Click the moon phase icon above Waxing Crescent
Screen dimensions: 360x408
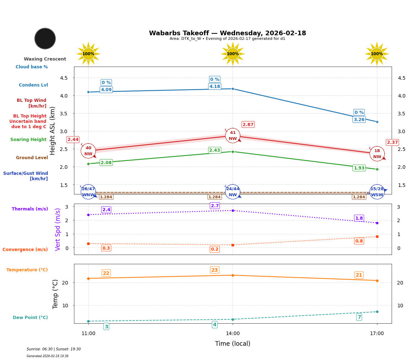(45, 38)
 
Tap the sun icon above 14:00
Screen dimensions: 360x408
(233, 54)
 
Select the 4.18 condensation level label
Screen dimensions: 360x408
(215, 87)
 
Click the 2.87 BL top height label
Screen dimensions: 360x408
(248, 125)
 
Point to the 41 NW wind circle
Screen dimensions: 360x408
(233, 136)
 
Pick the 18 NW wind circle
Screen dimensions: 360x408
(377, 154)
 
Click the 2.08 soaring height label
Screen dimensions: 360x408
(106, 163)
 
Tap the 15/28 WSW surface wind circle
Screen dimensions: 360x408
(377, 192)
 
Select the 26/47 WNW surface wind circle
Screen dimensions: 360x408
(88, 192)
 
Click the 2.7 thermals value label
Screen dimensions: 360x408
(215, 206)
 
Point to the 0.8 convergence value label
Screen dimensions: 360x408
(359, 241)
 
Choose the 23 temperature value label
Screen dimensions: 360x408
(214, 270)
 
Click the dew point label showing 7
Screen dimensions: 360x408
(359, 317)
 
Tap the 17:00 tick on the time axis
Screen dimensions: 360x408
(377, 334)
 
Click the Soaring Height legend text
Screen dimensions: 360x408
(28, 140)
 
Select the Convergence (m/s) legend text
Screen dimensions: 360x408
(25, 250)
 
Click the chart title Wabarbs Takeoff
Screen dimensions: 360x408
(227, 33)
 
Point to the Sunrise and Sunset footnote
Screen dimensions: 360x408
(54, 349)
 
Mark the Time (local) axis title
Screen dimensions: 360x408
(233, 344)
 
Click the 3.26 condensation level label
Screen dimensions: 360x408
(359, 120)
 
